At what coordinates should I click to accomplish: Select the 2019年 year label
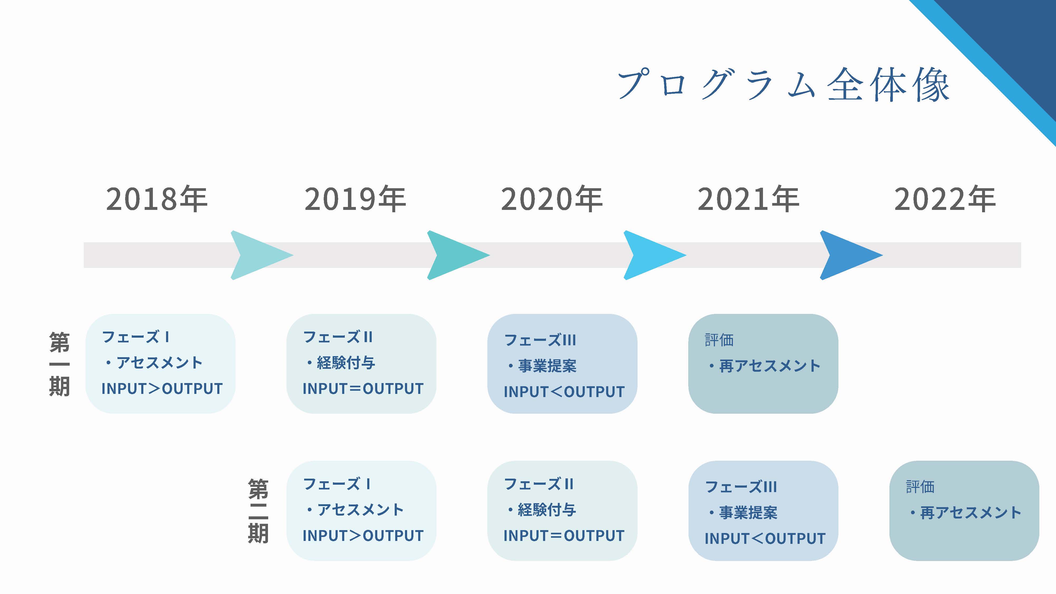tap(355, 199)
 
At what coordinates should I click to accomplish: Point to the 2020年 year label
tap(552, 199)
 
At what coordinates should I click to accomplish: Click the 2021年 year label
tap(748, 199)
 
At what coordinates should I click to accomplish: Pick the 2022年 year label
tap(945, 199)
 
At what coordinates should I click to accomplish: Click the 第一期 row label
tap(59, 364)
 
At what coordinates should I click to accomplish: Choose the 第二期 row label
tap(258, 511)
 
